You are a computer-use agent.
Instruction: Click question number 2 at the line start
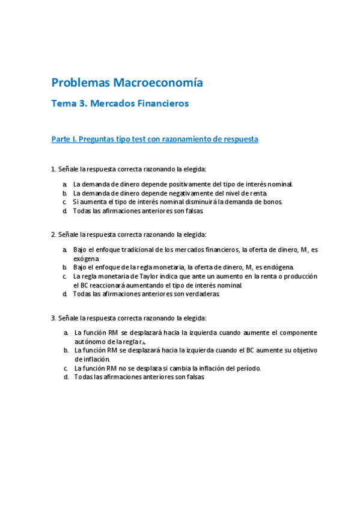[x=53, y=235]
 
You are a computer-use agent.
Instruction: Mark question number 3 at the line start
[x=53, y=318]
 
